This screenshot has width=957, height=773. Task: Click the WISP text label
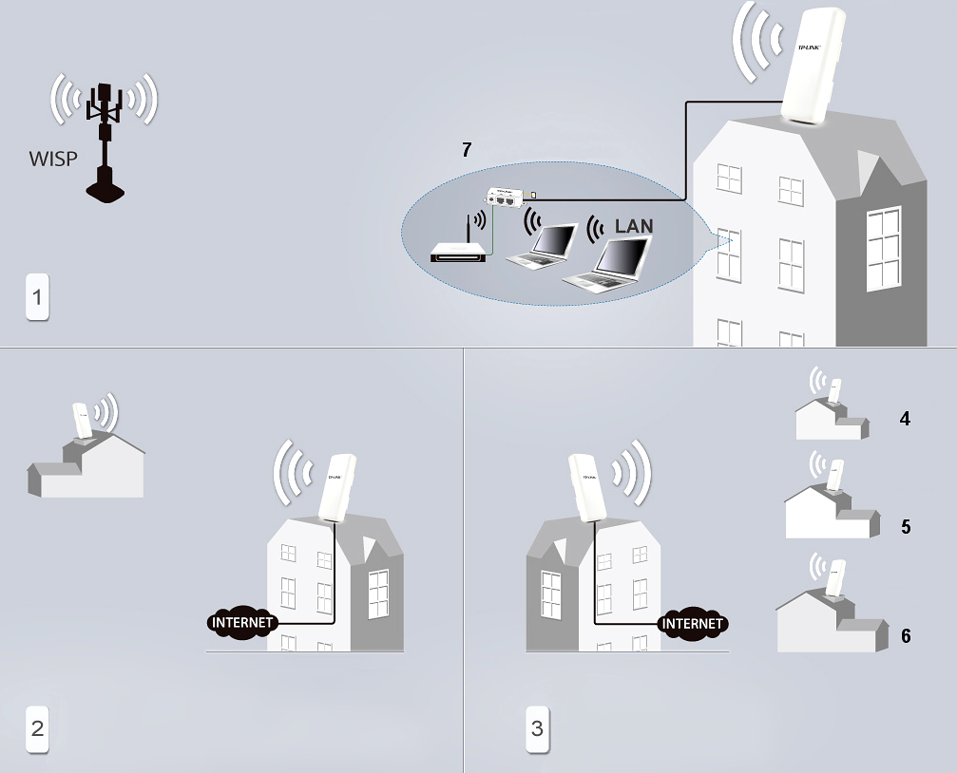pos(53,159)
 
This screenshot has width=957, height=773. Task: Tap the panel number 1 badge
pos(37,297)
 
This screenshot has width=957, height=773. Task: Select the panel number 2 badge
pos(37,728)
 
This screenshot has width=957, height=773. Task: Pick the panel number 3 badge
pos(537,728)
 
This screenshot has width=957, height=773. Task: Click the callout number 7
pos(467,149)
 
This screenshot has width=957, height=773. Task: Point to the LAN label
pos(634,226)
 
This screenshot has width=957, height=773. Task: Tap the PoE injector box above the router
pos(505,198)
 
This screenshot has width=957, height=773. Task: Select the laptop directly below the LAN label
pos(607,265)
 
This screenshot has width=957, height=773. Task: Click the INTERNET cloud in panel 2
pos(242,623)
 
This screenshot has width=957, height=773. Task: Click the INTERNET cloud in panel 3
pos(693,624)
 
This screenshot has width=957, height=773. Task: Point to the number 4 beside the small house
pos(905,419)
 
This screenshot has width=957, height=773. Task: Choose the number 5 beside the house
pos(906,526)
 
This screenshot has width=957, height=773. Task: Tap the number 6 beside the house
pos(906,635)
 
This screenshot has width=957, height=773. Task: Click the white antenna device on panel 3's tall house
pos(587,487)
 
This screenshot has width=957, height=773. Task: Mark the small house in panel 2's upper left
pos(86,465)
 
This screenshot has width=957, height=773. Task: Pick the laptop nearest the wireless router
pos(542,246)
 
